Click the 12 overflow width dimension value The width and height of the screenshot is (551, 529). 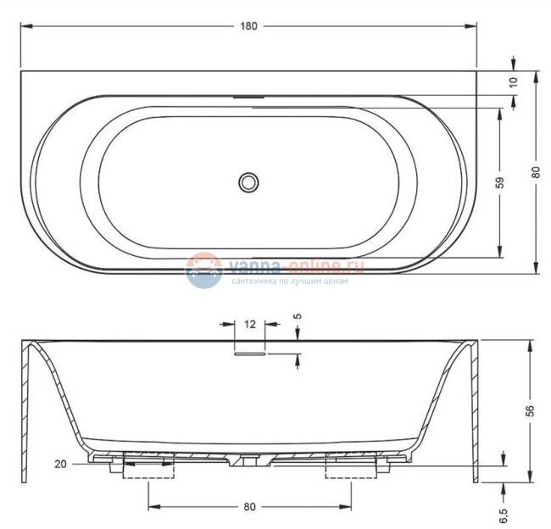(249, 324)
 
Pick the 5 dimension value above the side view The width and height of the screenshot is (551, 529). (297, 316)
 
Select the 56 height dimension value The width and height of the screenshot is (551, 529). (531, 409)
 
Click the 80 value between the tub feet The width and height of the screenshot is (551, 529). (249, 507)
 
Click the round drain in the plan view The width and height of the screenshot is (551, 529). (248, 181)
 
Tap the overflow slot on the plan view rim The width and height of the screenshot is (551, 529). (248, 97)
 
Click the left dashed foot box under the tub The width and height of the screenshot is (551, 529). (148, 469)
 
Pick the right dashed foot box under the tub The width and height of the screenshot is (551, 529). (350, 469)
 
